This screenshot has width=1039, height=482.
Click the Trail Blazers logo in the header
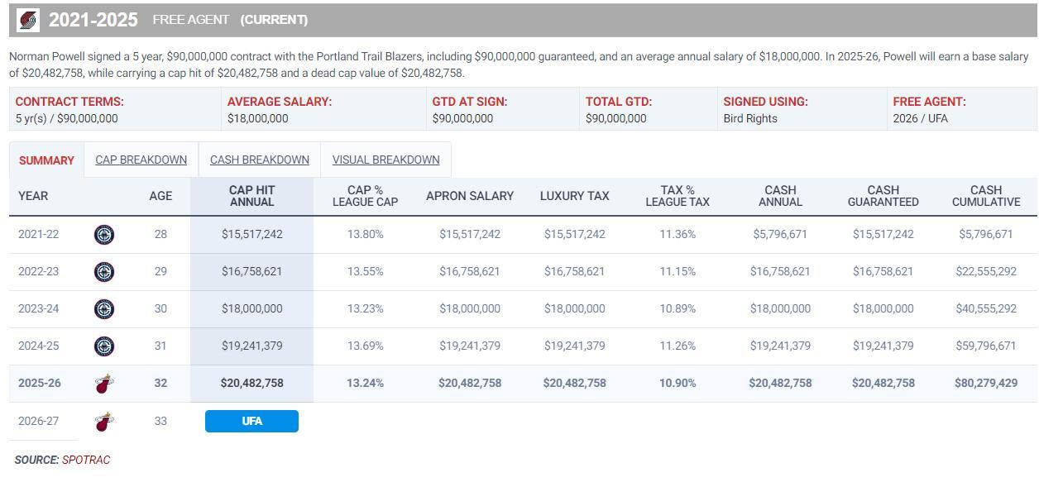coord(28,20)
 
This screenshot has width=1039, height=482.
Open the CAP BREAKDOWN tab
coord(141,160)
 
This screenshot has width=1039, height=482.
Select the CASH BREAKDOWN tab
coord(259,160)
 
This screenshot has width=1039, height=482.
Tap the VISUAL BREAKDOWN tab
coord(385,160)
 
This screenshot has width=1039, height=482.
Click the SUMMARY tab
coord(46,160)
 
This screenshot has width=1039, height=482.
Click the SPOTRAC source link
coord(86,460)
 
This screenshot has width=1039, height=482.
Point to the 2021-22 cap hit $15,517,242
coord(251,234)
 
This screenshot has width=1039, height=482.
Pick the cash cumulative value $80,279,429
coord(985,383)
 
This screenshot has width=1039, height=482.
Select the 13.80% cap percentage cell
coord(365,234)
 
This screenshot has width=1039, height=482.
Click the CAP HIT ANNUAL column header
coord(251,196)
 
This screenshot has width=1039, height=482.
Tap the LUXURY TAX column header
coord(574,196)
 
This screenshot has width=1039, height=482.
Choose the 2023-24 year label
coord(38,308)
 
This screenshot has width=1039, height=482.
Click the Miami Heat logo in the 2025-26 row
coord(104,384)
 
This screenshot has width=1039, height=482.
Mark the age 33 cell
coord(160,421)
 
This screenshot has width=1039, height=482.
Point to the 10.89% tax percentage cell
coord(677,308)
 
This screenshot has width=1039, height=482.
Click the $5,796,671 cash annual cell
coord(779,234)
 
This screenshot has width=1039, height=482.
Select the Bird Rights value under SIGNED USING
coord(749,118)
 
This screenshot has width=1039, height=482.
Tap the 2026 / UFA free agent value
coord(920,118)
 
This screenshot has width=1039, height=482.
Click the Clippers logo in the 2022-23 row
coord(104,271)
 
